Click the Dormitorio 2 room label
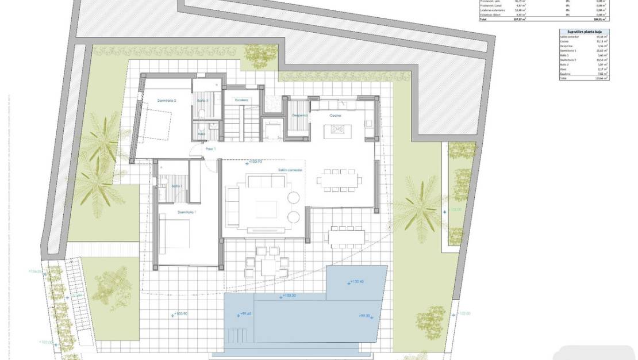(x=166, y=101)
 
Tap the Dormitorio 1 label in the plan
(x=186, y=212)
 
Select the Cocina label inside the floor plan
(x=335, y=116)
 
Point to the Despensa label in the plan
(x=299, y=116)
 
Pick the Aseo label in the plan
(x=201, y=134)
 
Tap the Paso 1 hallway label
(x=211, y=149)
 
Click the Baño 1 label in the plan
(x=177, y=186)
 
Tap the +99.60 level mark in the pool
(x=245, y=315)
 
